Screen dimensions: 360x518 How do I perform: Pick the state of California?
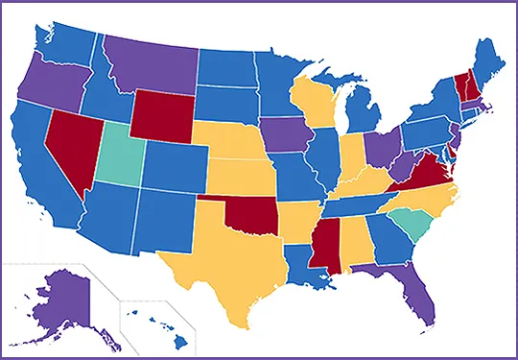38,163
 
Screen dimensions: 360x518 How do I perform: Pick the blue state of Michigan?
361,111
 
